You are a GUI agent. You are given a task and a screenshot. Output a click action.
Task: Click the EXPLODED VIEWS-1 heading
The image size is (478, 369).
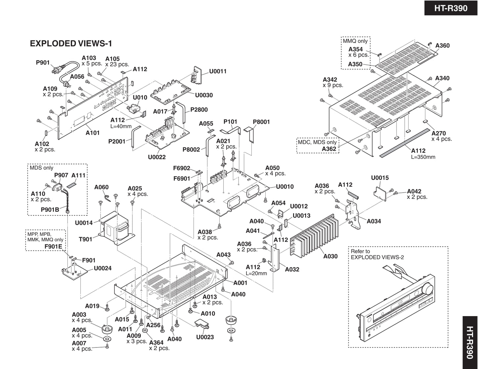(71, 43)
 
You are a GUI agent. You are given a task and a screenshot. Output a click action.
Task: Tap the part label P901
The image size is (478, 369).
(43, 62)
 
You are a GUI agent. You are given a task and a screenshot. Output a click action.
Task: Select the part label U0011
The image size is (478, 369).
(218, 71)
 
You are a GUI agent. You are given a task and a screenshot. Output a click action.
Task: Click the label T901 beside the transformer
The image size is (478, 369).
(85, 239)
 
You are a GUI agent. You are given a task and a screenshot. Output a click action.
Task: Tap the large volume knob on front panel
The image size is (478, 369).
(428, 289)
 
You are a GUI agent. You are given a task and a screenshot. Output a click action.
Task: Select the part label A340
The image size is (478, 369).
(442, 78)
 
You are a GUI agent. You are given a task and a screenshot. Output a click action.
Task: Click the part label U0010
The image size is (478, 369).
(285, 187)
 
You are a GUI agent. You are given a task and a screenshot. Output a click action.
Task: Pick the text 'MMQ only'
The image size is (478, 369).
(355, 41)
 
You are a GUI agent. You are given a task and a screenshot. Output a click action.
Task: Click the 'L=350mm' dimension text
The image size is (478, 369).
(423, 157)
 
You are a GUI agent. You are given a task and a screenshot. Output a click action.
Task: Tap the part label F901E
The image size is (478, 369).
(53, 246)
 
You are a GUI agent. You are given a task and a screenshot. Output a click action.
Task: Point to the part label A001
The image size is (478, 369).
(240, 283)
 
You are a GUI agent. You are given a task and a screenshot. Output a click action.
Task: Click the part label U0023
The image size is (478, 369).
(205, 337)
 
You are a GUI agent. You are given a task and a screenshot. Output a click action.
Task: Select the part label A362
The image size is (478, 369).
(329, 149)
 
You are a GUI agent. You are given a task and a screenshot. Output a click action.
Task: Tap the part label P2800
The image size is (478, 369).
(199, 110)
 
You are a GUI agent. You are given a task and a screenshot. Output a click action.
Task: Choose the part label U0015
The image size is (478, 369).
(380, 178)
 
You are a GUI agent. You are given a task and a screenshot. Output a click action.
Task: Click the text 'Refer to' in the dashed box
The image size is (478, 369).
(360, 251)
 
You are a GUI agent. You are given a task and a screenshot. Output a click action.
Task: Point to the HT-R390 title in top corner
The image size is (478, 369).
(451, 8)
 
